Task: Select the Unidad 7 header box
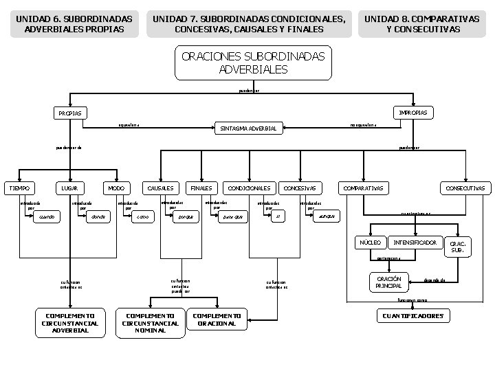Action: [x=249, y=24]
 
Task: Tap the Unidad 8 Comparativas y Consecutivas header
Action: [x=422, y=24]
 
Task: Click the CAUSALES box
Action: [x=159, y=188]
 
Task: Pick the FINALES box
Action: [x=201, y=188]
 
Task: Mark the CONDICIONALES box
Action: [x=248, y=188]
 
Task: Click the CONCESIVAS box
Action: [x=300, y=188]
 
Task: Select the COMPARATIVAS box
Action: [x=364, y=188]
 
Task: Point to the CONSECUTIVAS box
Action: [x=465, y=188]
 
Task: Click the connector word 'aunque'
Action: [x=327, y=216]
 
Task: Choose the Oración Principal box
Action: [x=388, y=282]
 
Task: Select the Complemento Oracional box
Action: [x=217, y=319]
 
